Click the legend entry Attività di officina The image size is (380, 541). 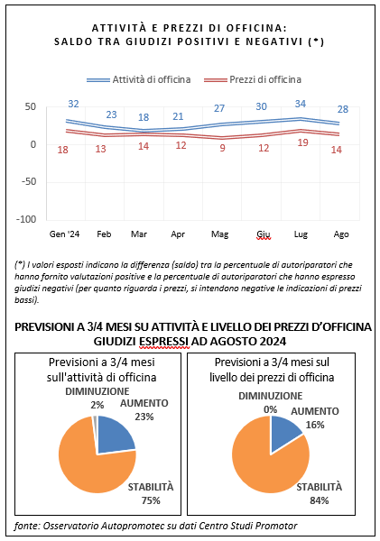138,79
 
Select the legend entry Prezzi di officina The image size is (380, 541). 253,79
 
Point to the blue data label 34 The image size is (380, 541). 301,104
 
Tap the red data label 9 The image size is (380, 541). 222,148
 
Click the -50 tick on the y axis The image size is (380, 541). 29,181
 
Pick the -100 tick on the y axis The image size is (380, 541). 26,219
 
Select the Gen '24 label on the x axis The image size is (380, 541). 65,234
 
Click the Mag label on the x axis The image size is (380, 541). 220,234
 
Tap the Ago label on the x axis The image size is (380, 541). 341,234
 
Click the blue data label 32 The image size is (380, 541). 73,104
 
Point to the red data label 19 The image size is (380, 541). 302,142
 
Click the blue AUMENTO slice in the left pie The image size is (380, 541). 114,436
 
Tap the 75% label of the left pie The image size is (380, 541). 151,500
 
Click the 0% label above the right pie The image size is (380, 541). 271,409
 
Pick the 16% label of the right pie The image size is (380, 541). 315,425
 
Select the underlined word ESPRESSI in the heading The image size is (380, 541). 164,342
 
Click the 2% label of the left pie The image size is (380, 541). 97,405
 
